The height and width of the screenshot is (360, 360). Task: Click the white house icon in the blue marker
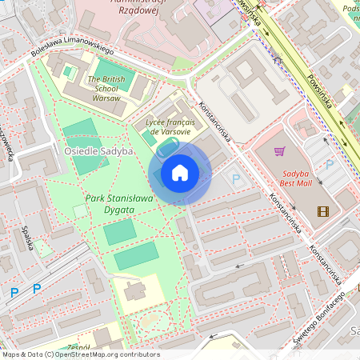pos(180,173)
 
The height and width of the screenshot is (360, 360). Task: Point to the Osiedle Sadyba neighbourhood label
pos(94,150)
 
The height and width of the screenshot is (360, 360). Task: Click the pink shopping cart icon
pos(280,151)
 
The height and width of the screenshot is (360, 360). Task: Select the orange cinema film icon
pos(322,211)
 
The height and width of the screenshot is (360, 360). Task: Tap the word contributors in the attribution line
pos(138,354)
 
